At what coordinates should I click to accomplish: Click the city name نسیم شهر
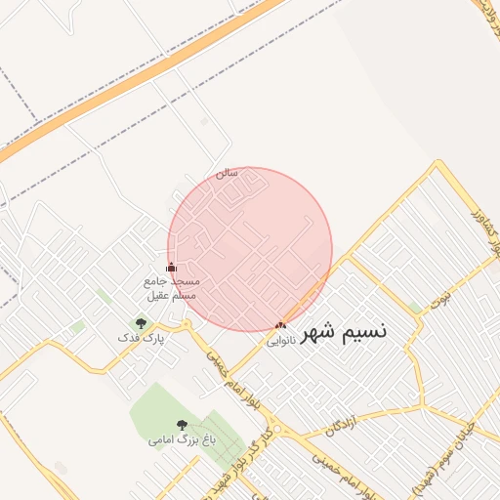click(343, 331)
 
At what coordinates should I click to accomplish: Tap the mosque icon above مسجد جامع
click(171, 267)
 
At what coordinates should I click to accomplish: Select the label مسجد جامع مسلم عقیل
click(171, 287)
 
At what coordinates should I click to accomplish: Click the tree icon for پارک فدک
click(141, 323)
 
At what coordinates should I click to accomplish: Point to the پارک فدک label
click(142, 338)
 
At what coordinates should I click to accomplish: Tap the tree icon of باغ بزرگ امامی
click(182, 424)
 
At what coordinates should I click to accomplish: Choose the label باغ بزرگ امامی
click(175, 439)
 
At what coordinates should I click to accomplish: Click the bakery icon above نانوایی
click(281, 325)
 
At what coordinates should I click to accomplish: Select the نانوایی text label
click(279, 341)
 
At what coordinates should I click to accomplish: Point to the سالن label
click(227, 175)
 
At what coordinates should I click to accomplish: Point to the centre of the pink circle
click(250, 249)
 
